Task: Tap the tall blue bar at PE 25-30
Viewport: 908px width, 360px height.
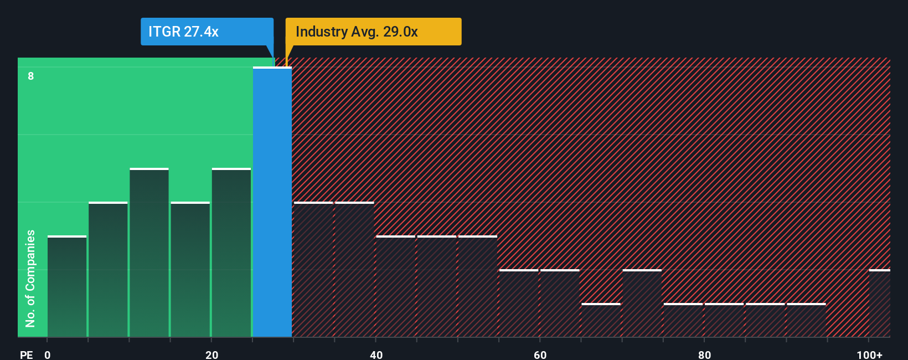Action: (x=272, y=202)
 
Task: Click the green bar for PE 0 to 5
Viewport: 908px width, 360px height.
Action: (x=67, y=286)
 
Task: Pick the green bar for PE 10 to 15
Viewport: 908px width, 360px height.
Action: (x=149, y=253)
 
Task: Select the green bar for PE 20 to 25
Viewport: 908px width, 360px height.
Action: (x=231, y=253)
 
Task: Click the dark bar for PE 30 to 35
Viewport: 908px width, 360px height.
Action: (x=313, y=269)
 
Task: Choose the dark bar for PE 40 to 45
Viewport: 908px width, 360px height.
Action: (x=395, y=286)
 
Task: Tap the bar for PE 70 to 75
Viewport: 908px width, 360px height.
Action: (x=642, y=303)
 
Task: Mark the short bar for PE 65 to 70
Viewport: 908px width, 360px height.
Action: (x=601, y=320)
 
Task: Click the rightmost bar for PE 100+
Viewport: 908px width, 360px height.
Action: (x=879, y=303)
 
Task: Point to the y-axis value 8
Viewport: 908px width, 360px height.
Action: (x=31, y=76)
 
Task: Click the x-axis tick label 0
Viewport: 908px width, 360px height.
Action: (x=48, y=354)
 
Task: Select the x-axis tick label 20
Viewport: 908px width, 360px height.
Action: (x=211, y=354)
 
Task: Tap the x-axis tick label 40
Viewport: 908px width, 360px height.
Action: (x=376, y=354)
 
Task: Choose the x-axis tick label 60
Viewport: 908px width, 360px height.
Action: (x=540, y=354)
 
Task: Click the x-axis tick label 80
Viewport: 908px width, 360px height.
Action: (x=704, y=354)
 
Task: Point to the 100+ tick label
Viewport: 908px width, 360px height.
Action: (x=869, y=354)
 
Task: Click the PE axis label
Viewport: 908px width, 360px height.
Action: (x=26, y=354)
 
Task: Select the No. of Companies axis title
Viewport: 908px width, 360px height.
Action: (x=30, y=278)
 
